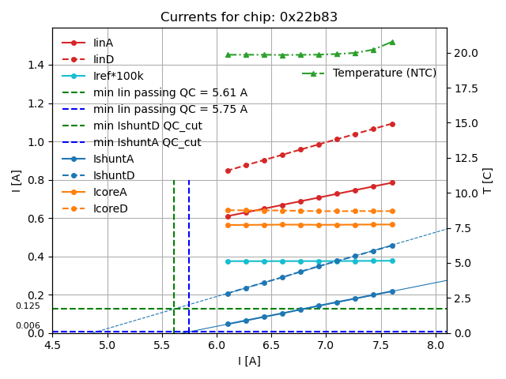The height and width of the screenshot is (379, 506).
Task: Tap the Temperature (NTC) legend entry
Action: (x=384, y=73)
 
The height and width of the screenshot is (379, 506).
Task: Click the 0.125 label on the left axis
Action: (x=28, y=306)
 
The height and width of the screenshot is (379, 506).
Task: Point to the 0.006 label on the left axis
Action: (x=28, y=326)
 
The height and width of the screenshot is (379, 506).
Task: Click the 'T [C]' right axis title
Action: (x=487, y=180)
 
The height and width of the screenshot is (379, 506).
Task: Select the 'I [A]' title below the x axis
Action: (x=249, y=362)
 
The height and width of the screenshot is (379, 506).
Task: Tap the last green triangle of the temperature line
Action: (x=392, y=42)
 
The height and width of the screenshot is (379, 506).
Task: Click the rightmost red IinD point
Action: (x=392, y=124)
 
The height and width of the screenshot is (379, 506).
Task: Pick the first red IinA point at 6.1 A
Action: (x=228, y=216)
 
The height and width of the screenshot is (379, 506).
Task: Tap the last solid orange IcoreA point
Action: (x=392, y=224)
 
